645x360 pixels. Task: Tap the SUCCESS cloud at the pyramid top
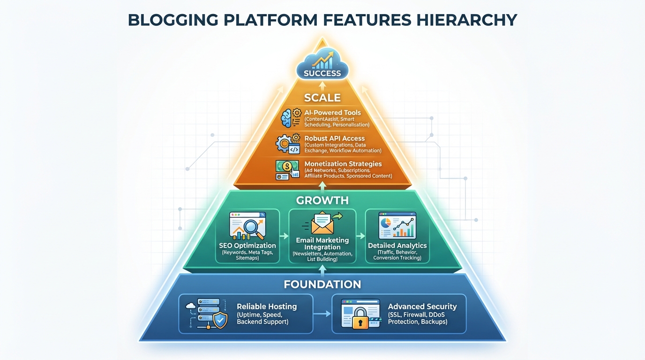[x=322, y=67]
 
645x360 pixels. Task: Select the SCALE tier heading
[x=322, y=98]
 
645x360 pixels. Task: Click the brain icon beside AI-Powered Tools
[x=287, y=118]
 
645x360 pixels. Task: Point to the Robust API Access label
[x=334, y=138]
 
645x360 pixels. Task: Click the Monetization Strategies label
[x=343, y=164]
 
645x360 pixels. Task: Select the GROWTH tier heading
[x=322, y=201]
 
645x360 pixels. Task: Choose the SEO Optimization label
[x=247, y=246]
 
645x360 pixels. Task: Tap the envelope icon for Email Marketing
[x=322, y=224]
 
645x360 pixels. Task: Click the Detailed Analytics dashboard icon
[x=397, y=226]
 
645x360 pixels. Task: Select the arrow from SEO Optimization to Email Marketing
[x=284, y=236]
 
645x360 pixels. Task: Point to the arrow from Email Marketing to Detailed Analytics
[x=360, y=236]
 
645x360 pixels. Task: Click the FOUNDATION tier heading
[x=322, y=284]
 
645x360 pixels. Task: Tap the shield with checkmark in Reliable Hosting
[x=220, y=321]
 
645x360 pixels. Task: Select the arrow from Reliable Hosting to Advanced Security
[x=322, y=314]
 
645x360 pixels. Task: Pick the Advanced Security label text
[x=422, y=307]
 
